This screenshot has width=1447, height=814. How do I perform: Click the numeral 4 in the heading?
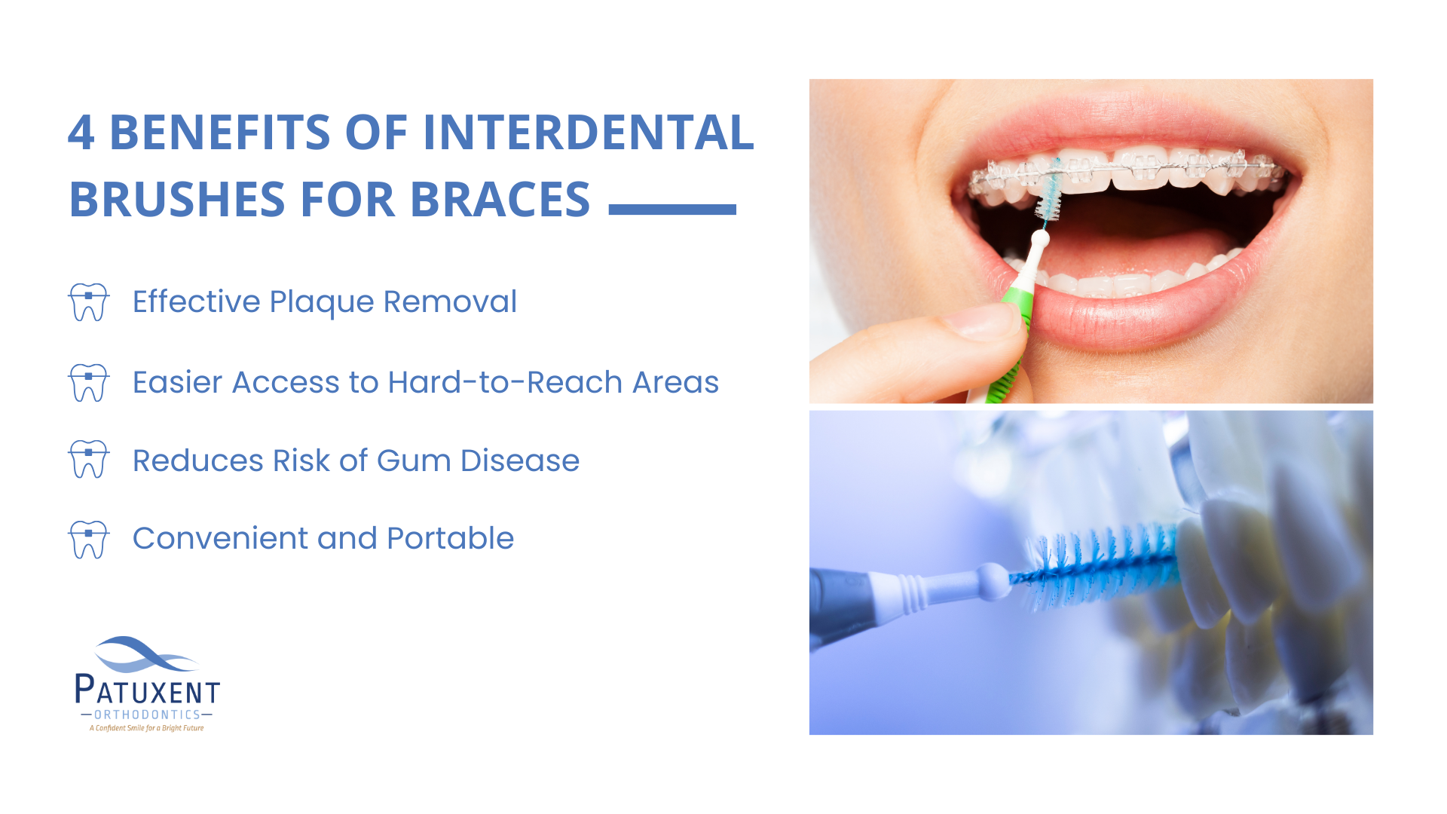[81, 133]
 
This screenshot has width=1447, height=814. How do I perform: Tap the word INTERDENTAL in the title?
[588, 133]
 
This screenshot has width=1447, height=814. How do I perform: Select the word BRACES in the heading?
[500, 200]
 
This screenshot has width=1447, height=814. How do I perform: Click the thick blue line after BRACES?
[672, 210]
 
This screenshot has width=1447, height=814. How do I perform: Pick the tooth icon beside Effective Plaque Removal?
[89, 302]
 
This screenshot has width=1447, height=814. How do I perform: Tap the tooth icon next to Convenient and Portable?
[89, 540]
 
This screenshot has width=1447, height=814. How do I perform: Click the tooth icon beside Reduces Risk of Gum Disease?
[89, 459]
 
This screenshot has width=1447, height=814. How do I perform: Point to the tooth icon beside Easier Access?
[89, 382]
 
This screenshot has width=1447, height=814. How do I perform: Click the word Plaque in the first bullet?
[322, 303]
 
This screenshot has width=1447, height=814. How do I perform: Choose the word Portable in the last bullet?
[450, 538]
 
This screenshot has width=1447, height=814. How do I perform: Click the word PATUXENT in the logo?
[148, 689]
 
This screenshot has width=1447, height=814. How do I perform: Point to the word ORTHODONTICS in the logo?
[148, 715]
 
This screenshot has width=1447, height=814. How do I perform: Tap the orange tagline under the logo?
[147, 728]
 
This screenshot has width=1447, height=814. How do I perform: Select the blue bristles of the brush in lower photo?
[1097, 567]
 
